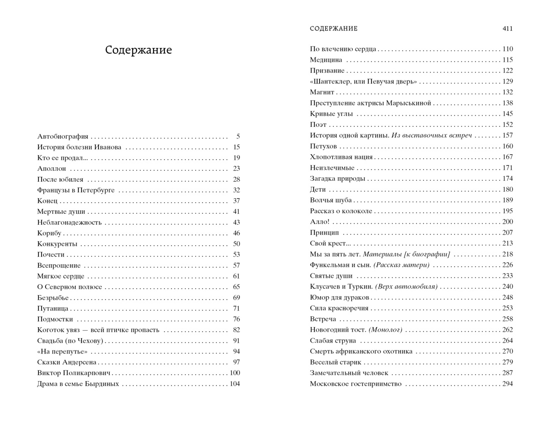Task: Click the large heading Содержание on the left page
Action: coord(138,50)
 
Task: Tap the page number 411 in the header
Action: coord(507,28)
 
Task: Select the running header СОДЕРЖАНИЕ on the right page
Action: coord(333,28)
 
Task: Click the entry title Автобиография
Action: coord(62,136)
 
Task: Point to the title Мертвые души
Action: coord(60,212)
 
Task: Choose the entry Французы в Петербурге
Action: coord(76,190)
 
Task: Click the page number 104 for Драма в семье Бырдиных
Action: coord(234,384)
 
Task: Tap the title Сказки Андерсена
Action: coord(66,363)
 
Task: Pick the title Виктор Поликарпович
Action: coord(73,373)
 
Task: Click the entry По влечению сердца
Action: coord(343,49)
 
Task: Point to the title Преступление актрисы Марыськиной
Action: coord(369,103)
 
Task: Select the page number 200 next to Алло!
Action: coord(507,222)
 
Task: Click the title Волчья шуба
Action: coord(331,200)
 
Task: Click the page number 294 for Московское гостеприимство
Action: coord(507,384)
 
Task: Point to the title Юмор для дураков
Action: coord(339,298)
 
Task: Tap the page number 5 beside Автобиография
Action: coord(238,136)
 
